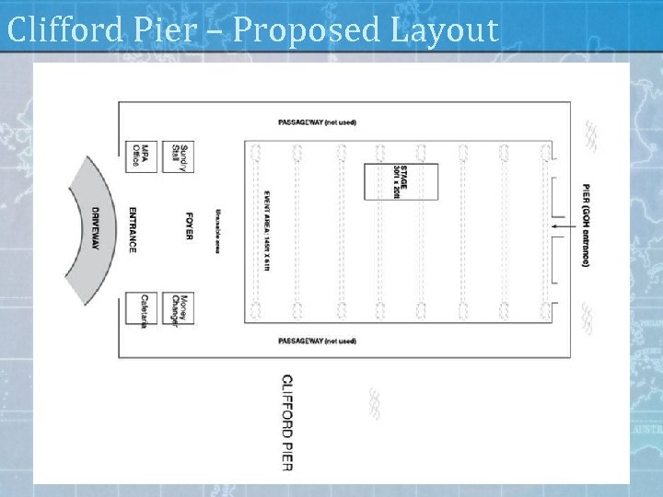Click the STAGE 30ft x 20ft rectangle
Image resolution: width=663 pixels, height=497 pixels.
(x=401, y=181)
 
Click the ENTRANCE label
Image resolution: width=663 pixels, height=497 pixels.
(x=133, y=229)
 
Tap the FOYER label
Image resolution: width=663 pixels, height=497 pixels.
(x=189, y=226)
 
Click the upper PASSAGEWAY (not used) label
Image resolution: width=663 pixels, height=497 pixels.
(x=317, y=122)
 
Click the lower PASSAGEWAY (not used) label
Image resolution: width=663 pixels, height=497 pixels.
(x=317, y=341)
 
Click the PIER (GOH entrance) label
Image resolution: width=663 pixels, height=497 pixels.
(x=585, y=225)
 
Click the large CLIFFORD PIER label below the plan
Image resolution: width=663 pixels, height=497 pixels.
(x=287, y=422)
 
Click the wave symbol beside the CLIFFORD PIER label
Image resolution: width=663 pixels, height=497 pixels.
(x=374, y=403)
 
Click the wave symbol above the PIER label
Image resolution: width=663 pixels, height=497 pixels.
(x=589, y=136)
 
